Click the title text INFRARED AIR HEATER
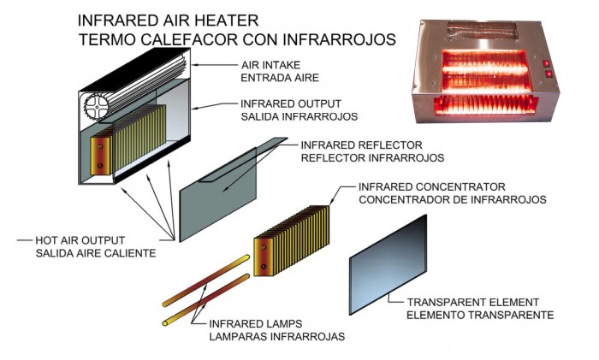(x=168, y=21)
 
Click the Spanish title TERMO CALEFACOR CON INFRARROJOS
(x=237, y=39)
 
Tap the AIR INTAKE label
(x=271, y=65)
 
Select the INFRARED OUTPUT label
(x=291, y=103)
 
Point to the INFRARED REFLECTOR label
(x=361, y=145)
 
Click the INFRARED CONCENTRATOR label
(x=431, y=187)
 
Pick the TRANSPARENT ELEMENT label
(x=473, y=303)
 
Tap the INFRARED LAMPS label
(x=256, y=324)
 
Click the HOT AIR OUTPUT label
(x=80, y=240)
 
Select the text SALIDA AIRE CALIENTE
(x=96, y=253)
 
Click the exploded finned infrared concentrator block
(x=292, y=241)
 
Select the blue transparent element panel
(x=388, y=265)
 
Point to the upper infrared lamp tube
(x=206, y=281)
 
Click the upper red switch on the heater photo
(x=547, y=63)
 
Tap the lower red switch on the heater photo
(x=549, y=74)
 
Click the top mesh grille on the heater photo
(x=483, y=31)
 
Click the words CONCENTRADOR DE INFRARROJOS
(x=453, y=199)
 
